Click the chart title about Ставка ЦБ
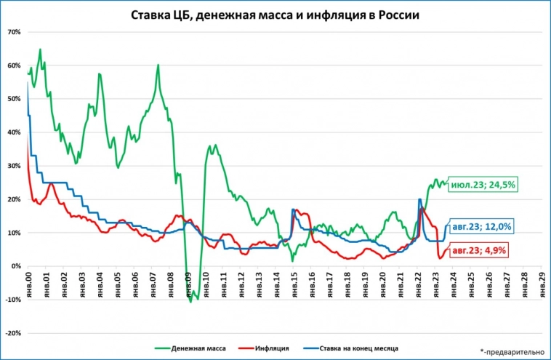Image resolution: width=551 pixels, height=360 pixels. click(x=275, y=15)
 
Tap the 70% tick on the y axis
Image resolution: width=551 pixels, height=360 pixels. click(x=13, y=32)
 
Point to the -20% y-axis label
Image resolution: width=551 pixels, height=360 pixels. click(x=12, y=333)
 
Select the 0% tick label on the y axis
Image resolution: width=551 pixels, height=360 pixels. click(x=15, y=266)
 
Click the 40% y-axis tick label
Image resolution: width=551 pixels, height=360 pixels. click(x=13, y=132)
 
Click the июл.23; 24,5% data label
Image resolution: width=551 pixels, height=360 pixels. click(x=483, y=185)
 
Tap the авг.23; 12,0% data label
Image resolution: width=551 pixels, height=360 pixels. click(x=482, y=227)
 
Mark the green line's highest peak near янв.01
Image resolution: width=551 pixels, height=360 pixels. click(x=40, y=49)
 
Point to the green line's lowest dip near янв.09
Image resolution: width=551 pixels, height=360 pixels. click(x=190, y=301)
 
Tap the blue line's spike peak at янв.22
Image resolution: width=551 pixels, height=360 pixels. click(x=419, y=199)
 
